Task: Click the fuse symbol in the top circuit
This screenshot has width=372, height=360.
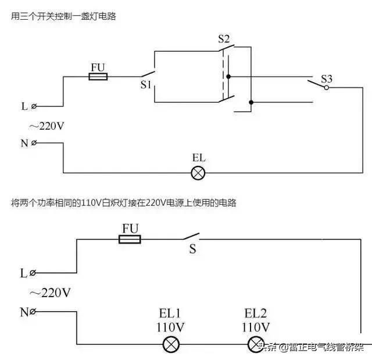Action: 98,76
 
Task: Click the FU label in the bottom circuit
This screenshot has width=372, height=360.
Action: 130,227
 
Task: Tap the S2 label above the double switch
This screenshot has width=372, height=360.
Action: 224,39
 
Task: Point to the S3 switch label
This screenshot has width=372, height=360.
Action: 327,78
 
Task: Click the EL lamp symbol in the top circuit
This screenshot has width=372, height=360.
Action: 199,173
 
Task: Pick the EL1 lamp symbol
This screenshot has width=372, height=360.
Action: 170,344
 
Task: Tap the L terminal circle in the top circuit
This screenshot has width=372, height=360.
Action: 34,106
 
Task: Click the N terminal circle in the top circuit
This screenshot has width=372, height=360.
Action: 34,142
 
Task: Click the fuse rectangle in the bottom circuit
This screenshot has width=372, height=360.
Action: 130,238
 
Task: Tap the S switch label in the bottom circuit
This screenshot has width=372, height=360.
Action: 191,248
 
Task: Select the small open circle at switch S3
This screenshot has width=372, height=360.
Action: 327,87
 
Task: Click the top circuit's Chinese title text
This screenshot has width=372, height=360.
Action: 64,17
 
